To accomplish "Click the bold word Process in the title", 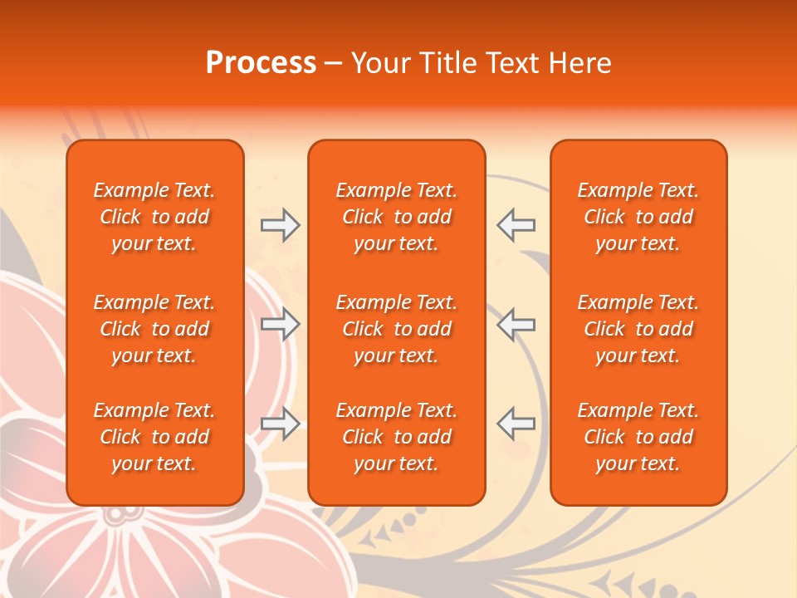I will [x=261, y=63].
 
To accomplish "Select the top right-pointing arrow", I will [x=281, y=224].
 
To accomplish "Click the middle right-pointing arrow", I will [x=281, y=325].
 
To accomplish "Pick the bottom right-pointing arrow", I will [x=281, y=424].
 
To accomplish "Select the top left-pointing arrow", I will [x=516, y=224].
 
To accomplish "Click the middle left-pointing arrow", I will [x=516, y=325].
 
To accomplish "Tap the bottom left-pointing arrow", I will [x=516, y=424].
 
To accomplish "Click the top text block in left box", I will [x=154, y=217].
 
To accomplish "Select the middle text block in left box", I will [x=154, y=329].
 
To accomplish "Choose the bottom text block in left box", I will [x=154, y=437].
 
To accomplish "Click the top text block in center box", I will [x=397, y=217].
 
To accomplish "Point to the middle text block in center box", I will [x=397, y=329].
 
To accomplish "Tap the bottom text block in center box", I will [x=397, y=437].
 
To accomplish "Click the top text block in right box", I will [x=638, y=217].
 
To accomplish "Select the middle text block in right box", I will [x=638, y=329].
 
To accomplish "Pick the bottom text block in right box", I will [x=638, y=437].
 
